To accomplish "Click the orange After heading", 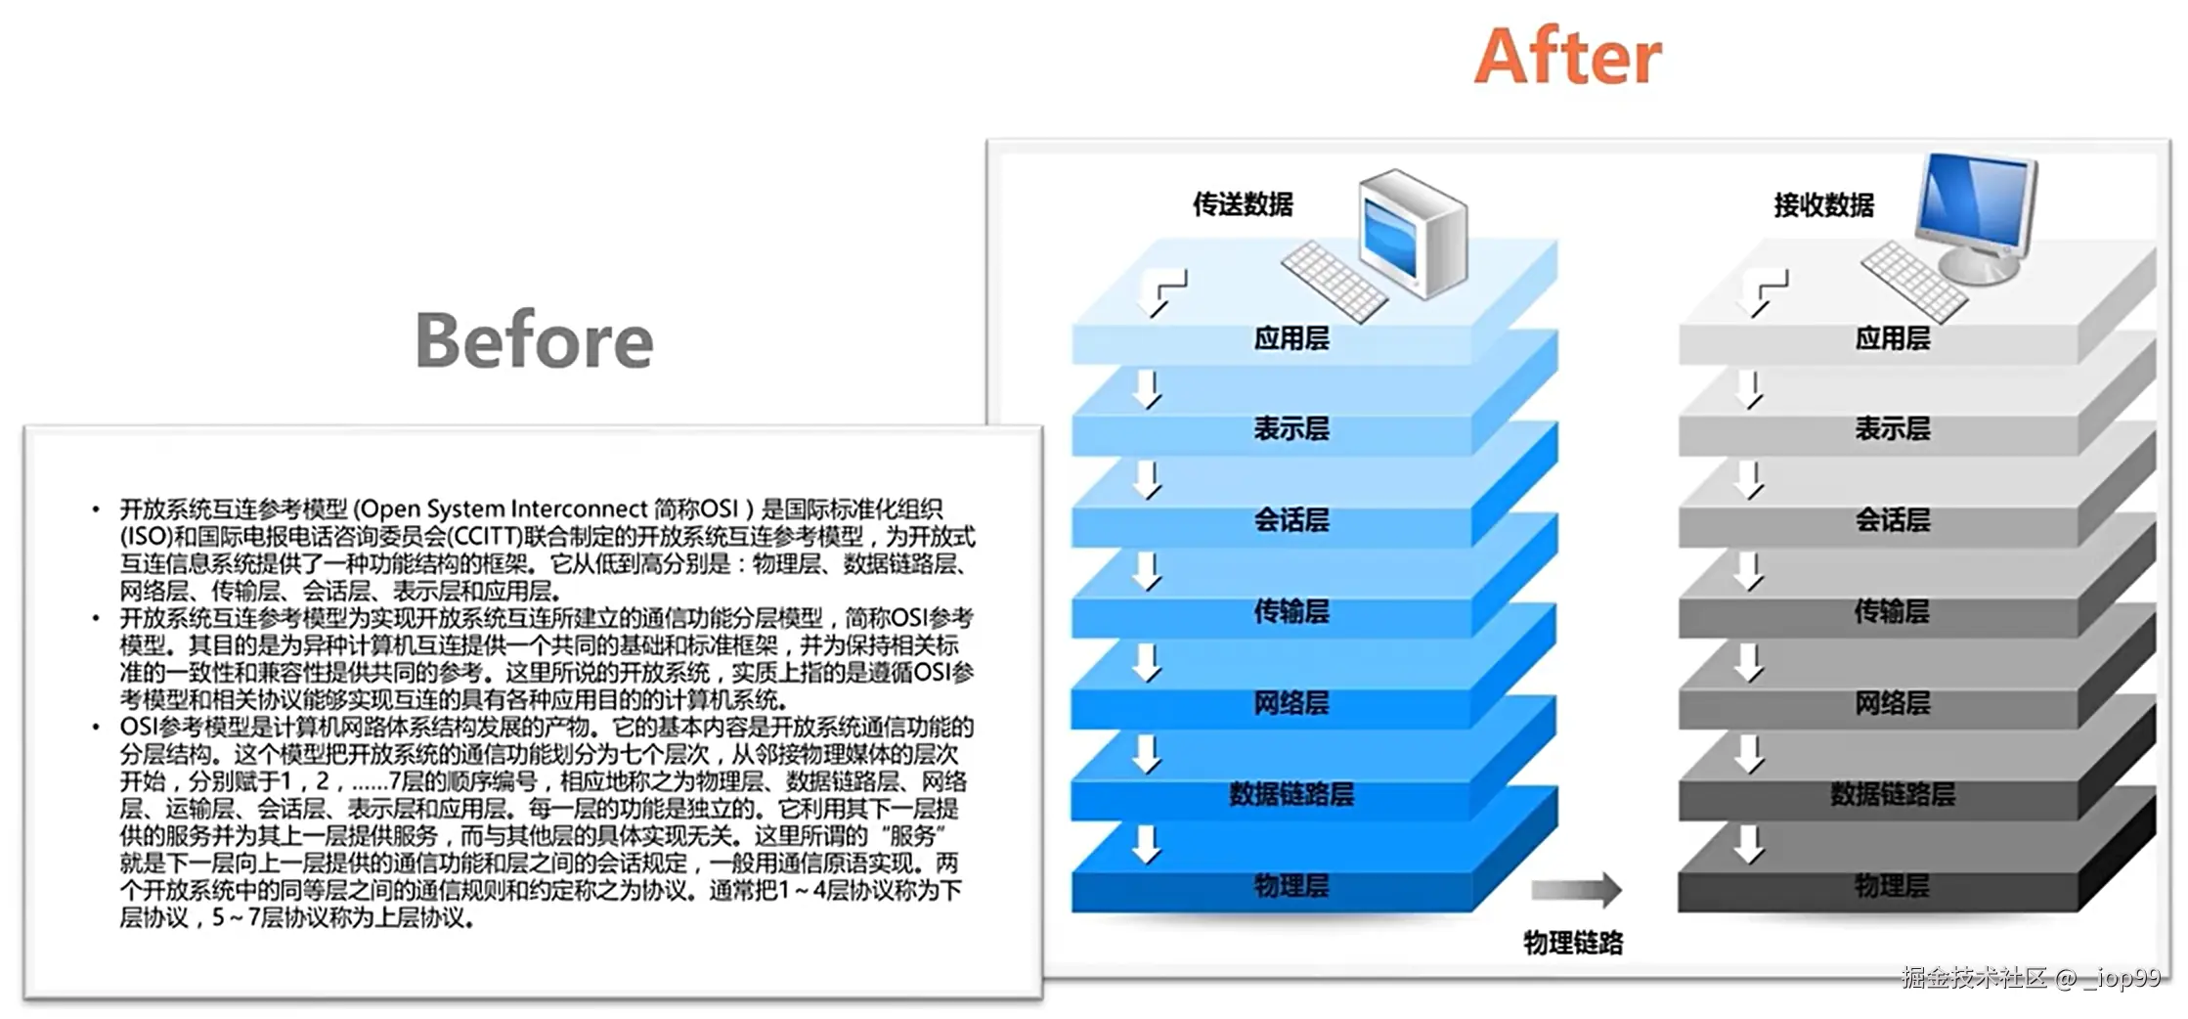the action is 1567,56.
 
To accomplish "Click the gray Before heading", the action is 534,340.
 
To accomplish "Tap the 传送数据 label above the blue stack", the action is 1243,204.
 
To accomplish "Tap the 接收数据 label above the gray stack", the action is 1823,205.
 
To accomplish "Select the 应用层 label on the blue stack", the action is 1291,338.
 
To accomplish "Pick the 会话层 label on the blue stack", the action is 1291,520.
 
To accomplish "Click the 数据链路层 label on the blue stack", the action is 1291,794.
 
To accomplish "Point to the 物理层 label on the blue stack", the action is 1291,886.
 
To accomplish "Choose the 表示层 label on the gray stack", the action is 1893,428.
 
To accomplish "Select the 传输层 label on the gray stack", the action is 1893,612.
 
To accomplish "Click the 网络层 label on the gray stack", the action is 1893,703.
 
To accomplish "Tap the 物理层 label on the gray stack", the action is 1893,886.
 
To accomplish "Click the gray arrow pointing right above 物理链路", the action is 1576,889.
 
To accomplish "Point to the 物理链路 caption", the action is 1573,943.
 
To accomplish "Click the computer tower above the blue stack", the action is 1414,233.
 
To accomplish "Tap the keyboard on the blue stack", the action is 1334,281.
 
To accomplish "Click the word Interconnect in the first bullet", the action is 579,509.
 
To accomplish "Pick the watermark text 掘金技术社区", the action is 1974,978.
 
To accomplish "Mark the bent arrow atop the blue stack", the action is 1164,290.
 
